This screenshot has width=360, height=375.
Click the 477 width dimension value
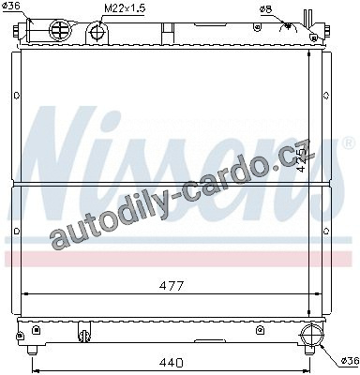click(x=171, y=286)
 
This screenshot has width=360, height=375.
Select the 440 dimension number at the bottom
click(x=171, y=363)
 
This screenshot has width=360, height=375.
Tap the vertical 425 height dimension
click(x=301, y=159)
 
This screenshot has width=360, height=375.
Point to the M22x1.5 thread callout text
click(x=125, y=8)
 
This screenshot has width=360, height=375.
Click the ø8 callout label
click(x=266, y=9)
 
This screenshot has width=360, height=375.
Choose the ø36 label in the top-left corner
click(x=10, y=6)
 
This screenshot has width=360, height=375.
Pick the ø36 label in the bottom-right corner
click(x=350, y=361)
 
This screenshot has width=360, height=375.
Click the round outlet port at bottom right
click(x=311, y=335)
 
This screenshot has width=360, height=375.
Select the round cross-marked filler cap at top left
click(x=61, y=30)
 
